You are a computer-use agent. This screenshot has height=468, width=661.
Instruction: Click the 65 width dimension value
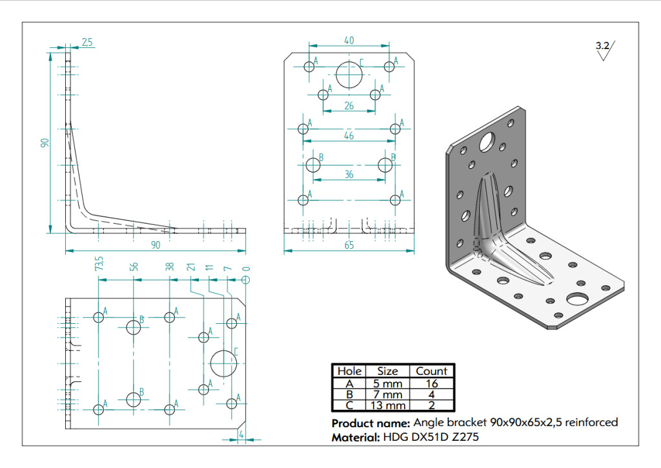[x=349, y=245]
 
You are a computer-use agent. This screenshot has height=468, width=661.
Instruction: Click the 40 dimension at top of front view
[x=349, y=41]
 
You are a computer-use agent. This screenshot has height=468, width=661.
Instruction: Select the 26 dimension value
[x=349, y=106]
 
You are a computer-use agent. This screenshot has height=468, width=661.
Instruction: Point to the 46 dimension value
[x=349, y=136]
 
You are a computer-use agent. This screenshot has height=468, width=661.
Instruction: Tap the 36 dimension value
[x=349, y=175]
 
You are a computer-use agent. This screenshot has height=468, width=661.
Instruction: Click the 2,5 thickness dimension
[x=87, y=42]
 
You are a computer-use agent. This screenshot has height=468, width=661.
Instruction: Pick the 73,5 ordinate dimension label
[x=99, y=264]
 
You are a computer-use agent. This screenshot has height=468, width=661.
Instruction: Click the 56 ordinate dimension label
[x=133, y=267]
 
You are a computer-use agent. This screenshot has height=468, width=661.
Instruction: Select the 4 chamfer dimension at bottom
[x=241, y=434]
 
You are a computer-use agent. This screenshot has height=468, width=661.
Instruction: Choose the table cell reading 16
[x=432, y=383]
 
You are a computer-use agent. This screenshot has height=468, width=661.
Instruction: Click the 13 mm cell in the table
[x=387, y=405]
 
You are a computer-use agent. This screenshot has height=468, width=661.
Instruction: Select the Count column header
[x=431, y=371]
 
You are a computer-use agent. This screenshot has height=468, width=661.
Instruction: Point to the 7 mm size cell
[x=387, y=394]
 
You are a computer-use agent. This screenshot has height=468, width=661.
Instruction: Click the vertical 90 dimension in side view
[x=45, y=143]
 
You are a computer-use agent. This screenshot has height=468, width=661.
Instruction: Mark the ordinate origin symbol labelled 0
[x=246, y=279]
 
